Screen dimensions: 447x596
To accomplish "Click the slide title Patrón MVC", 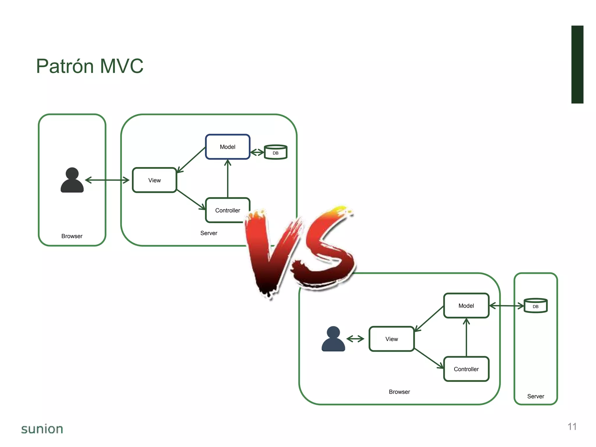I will point(90,66).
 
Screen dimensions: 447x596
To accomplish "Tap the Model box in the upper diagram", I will point(228,147).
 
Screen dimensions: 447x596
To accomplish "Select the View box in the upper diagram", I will point(155,180).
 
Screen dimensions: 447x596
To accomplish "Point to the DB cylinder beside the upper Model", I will point(276,152).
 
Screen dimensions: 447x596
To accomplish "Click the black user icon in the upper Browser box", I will point(72,180).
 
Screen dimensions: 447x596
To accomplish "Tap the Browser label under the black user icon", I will point(72,236).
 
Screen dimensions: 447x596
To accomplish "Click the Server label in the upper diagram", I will point(209,233).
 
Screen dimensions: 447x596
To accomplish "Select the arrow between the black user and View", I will point(107,180).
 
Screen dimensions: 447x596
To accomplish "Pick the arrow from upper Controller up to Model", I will point(228,179).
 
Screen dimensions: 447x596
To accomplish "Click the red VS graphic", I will point(300,250).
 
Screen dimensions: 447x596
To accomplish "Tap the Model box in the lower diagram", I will point(466,306).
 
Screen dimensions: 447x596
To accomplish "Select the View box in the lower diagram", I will point(392,339).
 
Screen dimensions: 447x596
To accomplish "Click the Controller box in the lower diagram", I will point(466,369).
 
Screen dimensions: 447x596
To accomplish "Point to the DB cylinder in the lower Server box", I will point(535,306).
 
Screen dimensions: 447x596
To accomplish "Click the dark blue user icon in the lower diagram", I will point(333,339).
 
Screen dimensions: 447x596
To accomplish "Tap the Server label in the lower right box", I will point(535,396).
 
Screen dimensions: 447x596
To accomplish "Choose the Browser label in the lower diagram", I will point(399,392).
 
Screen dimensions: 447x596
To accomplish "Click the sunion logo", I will point(42,429).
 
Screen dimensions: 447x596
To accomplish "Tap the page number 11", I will point(572,427).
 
